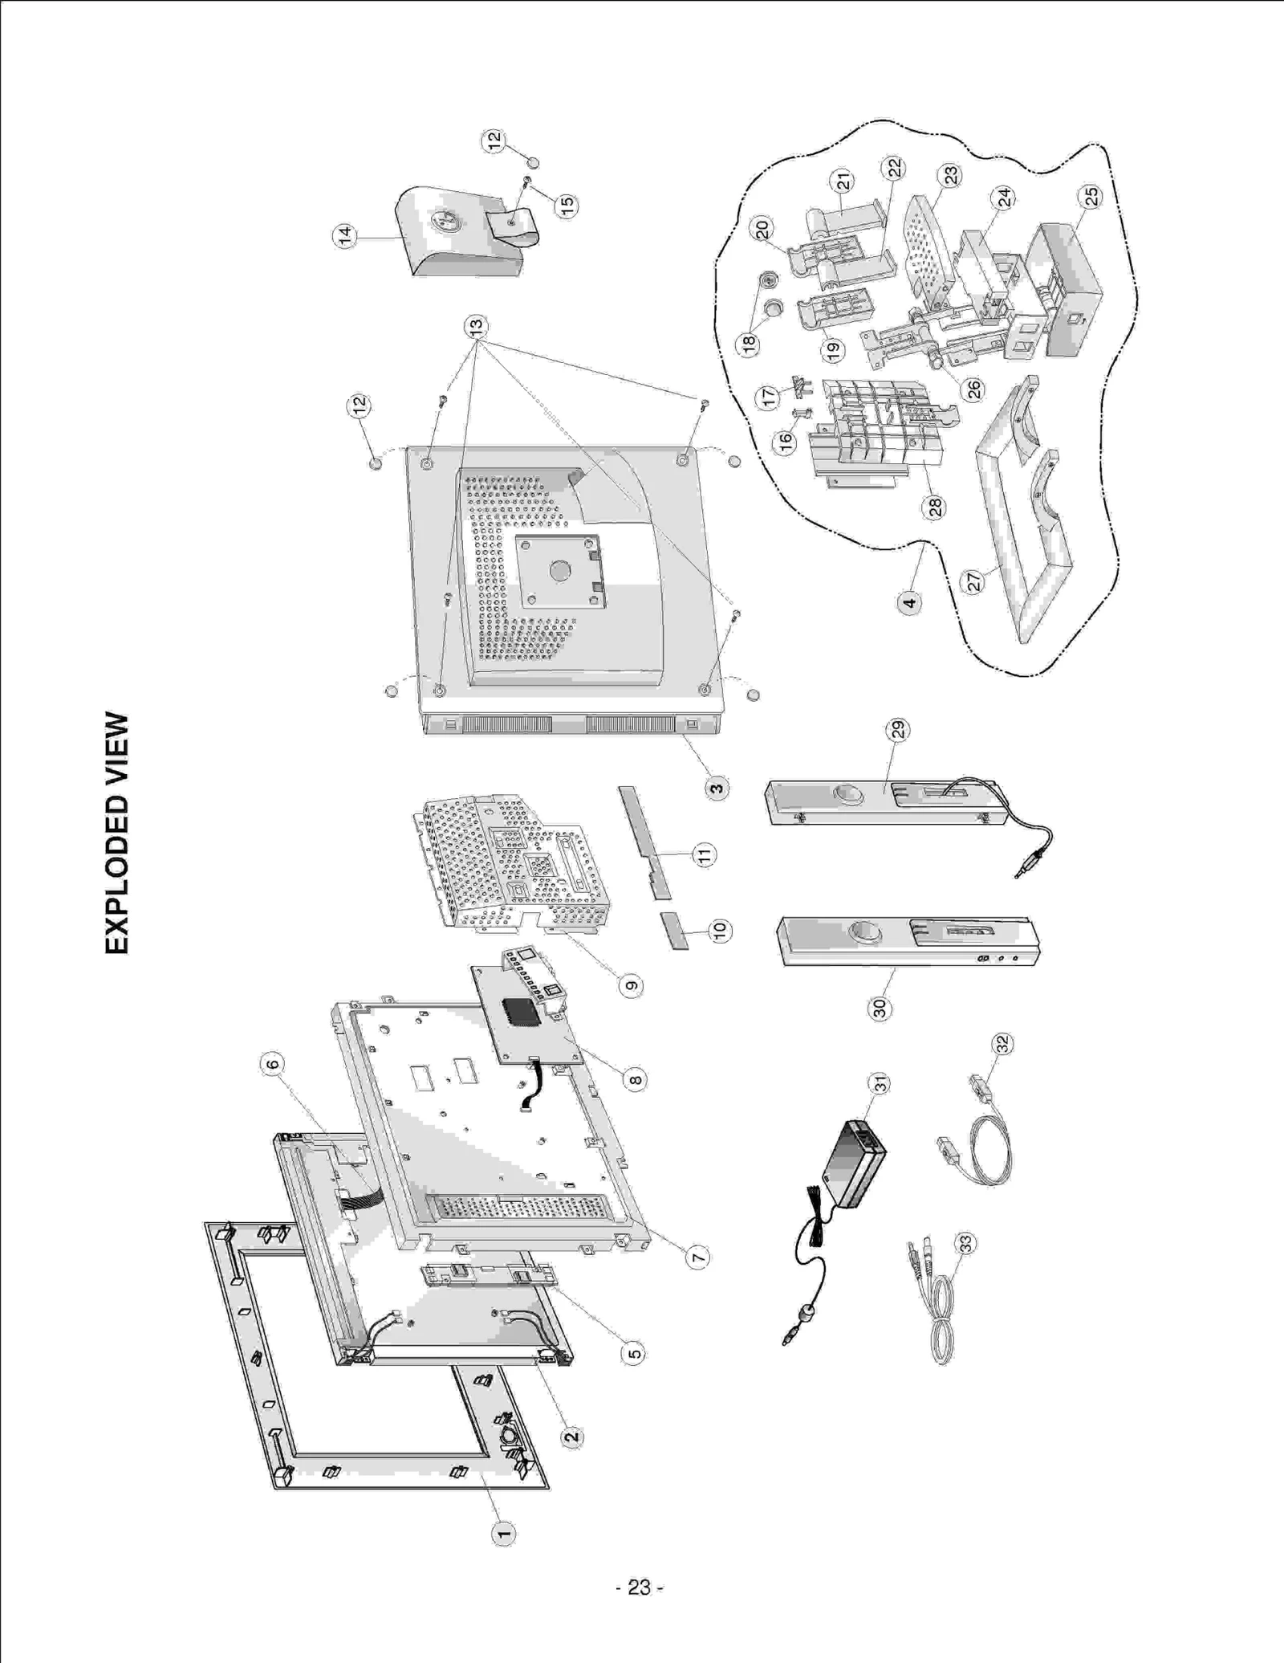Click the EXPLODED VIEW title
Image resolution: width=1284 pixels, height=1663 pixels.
tap(116, 833)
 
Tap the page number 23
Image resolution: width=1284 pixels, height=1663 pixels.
tap(639, 1588)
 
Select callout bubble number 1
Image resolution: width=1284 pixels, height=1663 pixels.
tap(503, 1532)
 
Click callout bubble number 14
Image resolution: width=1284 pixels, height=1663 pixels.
tap(344, 236)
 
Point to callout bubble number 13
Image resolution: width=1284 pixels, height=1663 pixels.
tap(476, 327)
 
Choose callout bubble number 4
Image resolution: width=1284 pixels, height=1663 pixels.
tap(909, 602)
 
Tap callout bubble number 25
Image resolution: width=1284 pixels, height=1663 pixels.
tap(1091, 196)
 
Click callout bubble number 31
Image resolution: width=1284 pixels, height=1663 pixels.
tap(881, 1084)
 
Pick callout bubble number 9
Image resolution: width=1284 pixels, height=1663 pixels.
tap(632, 985)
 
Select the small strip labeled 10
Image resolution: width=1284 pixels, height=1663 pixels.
tap(675, 930)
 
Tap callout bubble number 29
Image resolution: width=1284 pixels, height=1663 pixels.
tap(897, 729)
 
